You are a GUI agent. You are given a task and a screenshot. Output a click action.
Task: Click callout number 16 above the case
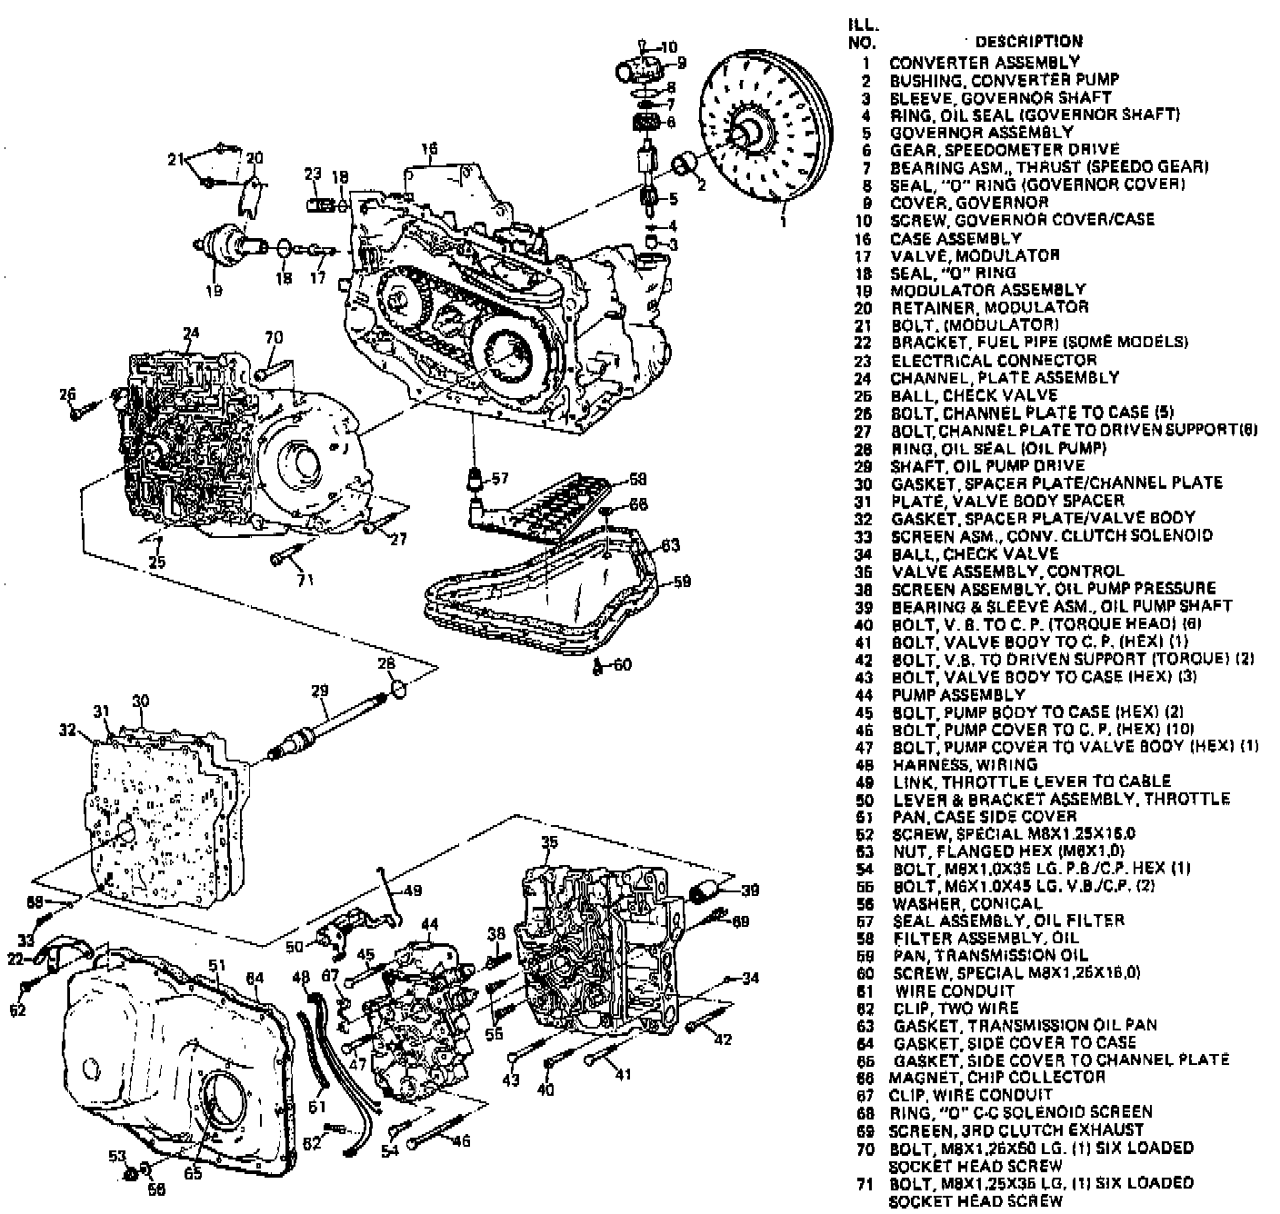tap(429, 148)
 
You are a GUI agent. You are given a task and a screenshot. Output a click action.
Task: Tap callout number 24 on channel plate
tap(190, 333)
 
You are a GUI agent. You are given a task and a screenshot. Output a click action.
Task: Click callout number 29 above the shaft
tap(319, 692)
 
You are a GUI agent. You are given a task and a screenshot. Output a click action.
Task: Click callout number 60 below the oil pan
tap(621, 665)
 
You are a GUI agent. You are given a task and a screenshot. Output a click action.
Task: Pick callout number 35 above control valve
tap(548, 842)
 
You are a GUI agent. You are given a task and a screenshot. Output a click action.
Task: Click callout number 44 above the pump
tap(429, 924)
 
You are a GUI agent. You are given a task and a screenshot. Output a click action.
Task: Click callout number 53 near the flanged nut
tap(116, 1156)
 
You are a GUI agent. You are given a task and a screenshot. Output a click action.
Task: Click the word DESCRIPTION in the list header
tap(1028, 42)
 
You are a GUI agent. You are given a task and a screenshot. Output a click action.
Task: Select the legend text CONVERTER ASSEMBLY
tap(985, 62)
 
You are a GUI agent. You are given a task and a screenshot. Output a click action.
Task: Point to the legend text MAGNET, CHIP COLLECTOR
tap(999, 1077)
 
